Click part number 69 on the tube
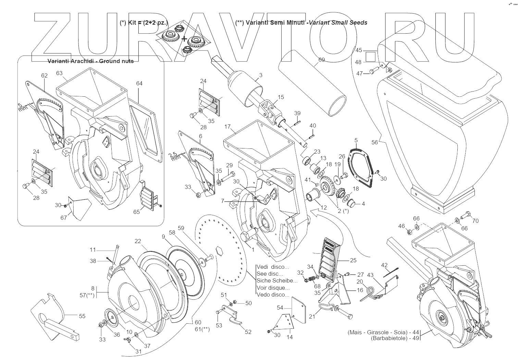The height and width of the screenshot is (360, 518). point(321,60)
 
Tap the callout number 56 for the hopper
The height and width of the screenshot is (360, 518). point(374,142)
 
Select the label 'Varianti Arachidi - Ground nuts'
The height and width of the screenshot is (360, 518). point(90,61)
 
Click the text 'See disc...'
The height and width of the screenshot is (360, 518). point(270,274)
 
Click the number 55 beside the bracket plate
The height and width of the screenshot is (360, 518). point(82,316)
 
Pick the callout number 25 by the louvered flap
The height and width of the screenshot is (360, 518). point(353,261)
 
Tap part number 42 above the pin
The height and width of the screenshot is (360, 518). point(384,265)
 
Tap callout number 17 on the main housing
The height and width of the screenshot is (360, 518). point(227,127)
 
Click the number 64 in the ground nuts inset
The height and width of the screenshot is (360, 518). point(139,83)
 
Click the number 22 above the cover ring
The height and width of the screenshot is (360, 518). point(138,241)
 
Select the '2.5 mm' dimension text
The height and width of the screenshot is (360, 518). point(176,156)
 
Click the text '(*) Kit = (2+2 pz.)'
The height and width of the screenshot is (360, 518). point(143,23)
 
